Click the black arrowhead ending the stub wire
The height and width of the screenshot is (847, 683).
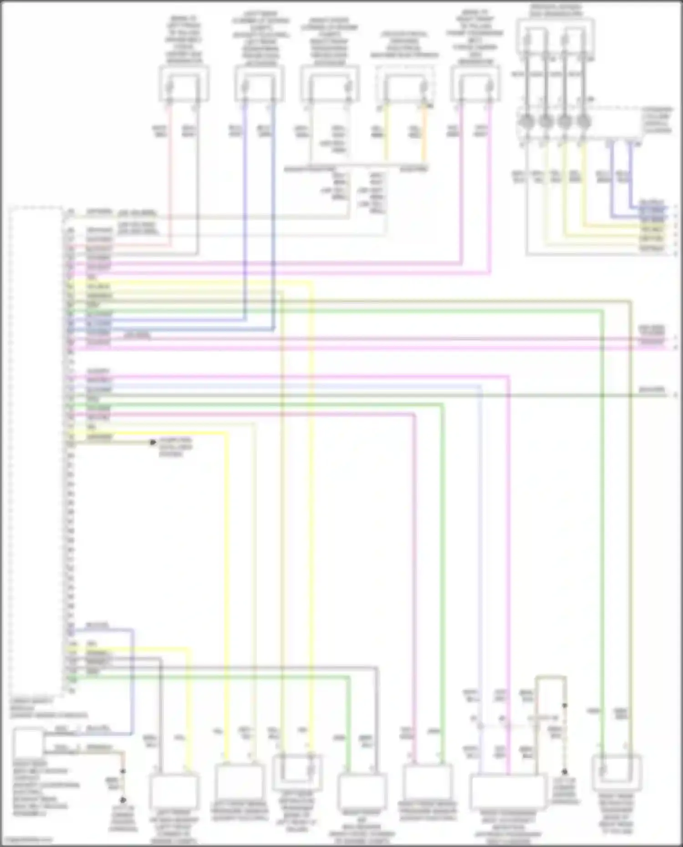(x=153, y=442)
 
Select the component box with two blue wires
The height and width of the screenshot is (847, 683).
(x=260, y=83)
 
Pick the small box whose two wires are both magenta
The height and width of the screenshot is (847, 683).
(x=476, y=83)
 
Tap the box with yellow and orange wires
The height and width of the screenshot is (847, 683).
(x=405, y=85)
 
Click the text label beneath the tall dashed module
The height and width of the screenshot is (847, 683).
(x=48, y=709)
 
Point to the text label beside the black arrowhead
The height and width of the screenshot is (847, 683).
(x=176, y=447)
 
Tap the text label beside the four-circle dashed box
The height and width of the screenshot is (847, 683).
(x=657, y=120)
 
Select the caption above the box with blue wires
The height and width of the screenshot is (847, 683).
(x=260, y=39)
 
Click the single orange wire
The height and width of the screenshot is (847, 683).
(x=424, y=134)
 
